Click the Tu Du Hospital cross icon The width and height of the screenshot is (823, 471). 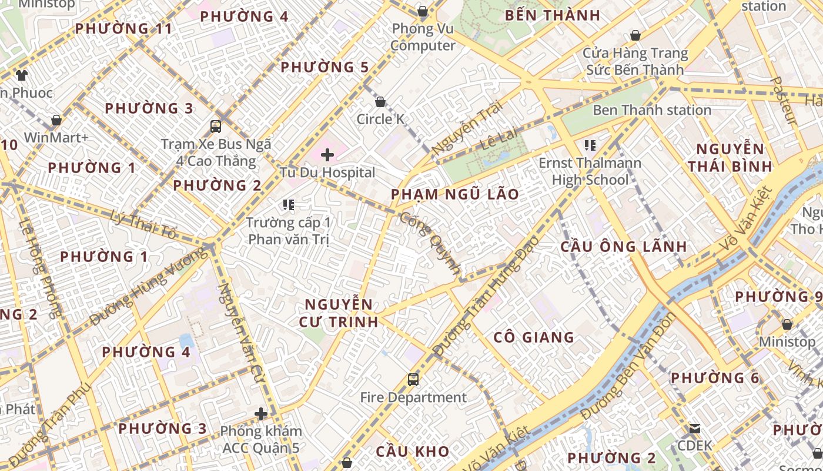[x=327, y=155]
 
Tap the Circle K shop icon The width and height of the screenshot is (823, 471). [x=380, y=102]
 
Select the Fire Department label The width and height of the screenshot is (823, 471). [x=413, y=397]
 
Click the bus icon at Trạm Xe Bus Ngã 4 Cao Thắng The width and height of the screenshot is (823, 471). [x=216, y=126]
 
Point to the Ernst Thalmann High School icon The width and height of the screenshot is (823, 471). [x=590, y=145]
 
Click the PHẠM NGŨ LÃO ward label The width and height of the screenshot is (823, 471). [x=455, y=194]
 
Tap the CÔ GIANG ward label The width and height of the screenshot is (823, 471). [x=534, y=337]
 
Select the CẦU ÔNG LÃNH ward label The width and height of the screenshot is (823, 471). [x=624, y=246]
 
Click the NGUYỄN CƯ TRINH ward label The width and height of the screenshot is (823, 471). [x=339, y=313]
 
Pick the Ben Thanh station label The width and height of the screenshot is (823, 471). [x=652, y=110]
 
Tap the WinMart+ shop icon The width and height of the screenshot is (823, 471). [x=56, y=121]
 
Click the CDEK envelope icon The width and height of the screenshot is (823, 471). [x=695, y=428]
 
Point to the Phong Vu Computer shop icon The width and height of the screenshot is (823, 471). [x=422, y=11]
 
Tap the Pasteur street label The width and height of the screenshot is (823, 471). [x=783, y=101]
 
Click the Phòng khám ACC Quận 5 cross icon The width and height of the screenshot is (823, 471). [x=261, y=414]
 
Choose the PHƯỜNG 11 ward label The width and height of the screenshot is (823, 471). [x=124, y=28]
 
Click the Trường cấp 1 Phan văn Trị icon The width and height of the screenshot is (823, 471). [x=288, y=205]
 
